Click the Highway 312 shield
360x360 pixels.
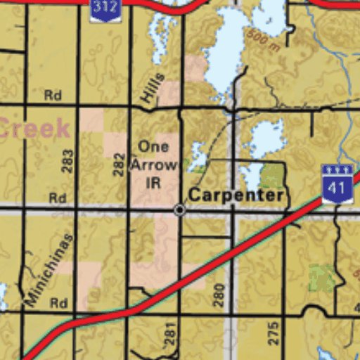[105, 10]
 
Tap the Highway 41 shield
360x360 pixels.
[337, 184]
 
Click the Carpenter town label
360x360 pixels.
[236, 195]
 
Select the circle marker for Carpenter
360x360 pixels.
[180, 210]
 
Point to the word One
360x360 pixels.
[153, 147]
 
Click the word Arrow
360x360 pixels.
[153, 165]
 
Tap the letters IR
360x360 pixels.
[153, 182]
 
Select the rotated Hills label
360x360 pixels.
[153, 89]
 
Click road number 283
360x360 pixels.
[67, 162]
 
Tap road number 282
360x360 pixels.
[119, 162]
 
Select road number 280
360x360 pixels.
[219, 294]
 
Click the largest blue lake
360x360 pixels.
[229, 49]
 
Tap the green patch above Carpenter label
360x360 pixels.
[273, 175]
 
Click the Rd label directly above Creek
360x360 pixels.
[53, 95]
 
